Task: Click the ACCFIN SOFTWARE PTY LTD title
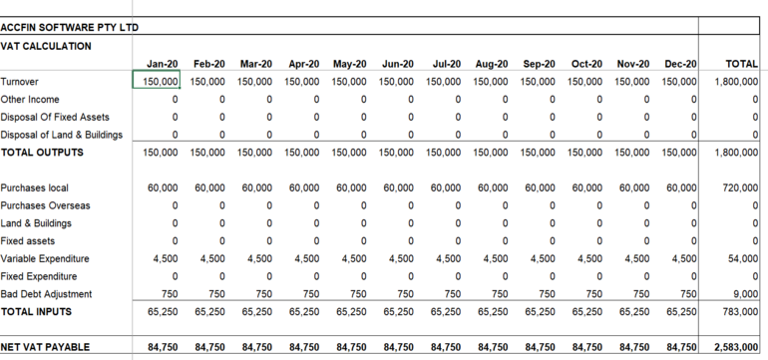pos(70,28)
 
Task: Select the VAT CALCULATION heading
pos(47,46)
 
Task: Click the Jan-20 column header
pos(163,64)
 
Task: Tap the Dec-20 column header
pos(680,64)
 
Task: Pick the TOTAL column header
pos(741,64)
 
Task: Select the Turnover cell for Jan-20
pos(158,81)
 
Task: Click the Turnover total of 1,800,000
pos(737,81)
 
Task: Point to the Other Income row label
pos(31,100)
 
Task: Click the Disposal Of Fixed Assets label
pos(56,117)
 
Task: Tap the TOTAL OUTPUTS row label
pos(43,153)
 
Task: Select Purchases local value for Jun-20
pos(398,187)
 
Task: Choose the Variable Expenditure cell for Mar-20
pos(256,258)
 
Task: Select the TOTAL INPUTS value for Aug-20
pos(492,311)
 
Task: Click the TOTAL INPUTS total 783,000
pos(741,311)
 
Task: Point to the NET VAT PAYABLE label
pos(46,347)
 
